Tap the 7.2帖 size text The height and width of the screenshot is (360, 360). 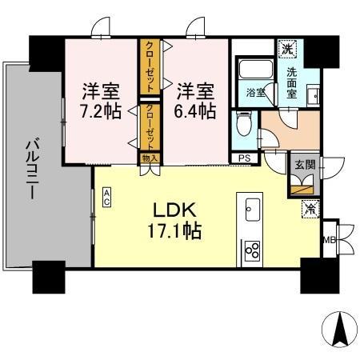102,110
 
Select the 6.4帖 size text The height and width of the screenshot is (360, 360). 196,110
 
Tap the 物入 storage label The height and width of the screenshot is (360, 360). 150,158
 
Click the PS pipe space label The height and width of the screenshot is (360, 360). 244,158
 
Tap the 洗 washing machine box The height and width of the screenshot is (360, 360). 286,49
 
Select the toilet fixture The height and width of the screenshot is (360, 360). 245,125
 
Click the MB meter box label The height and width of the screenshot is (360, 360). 327,238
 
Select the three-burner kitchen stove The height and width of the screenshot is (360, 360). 250,251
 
